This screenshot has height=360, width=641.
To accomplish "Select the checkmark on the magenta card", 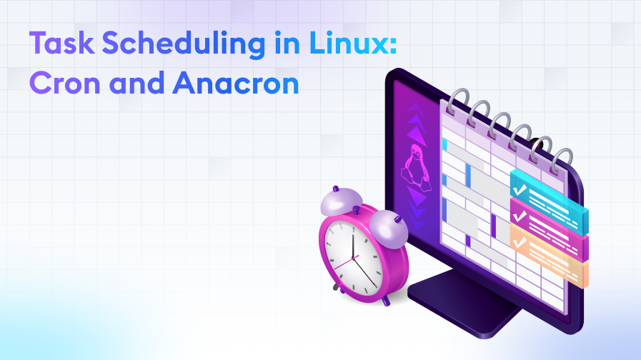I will coord(520,214).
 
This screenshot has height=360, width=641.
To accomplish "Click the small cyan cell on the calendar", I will coord(444,145).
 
